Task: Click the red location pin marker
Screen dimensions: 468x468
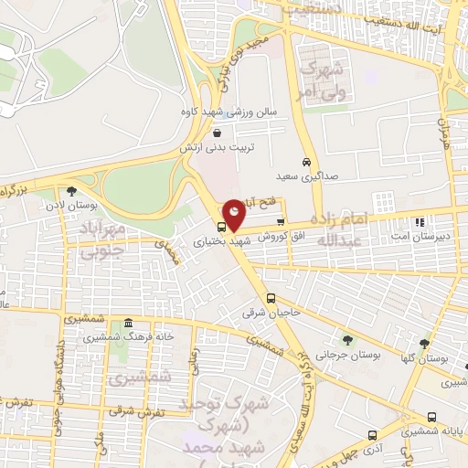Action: (235, 215)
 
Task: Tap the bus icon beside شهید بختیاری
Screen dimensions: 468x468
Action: (222, 227)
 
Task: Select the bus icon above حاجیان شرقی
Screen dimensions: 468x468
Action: (271, 298)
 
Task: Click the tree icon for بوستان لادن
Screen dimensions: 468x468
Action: (71, 191)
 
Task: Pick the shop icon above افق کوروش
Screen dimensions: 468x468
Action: (280, 221)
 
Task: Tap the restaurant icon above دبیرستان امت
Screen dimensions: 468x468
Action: (420, 221)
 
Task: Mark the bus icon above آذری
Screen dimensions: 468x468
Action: (371, 435)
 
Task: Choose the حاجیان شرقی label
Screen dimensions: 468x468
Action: (265, 313)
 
